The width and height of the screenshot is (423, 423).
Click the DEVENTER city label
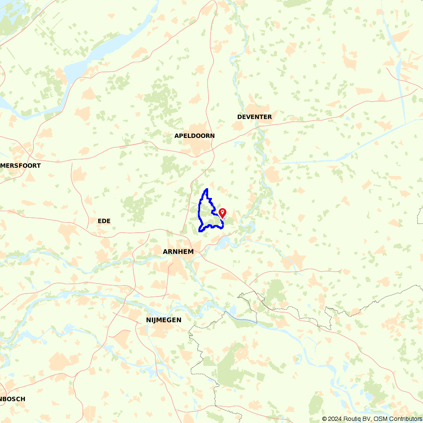coord(254,117)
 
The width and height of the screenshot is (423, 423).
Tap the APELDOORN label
coord(194,136)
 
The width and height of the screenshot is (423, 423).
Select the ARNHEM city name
coord(178,252)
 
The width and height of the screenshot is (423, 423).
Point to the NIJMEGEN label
coord(163,320)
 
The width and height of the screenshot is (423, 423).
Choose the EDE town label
coord(104,221)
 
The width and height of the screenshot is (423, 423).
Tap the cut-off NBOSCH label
coord(13,399)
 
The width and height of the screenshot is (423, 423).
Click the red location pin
coord(222,212)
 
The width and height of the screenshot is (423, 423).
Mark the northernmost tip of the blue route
coord(206,189)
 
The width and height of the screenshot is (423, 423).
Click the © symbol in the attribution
coord(324,419)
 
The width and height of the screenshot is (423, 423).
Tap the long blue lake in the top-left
coord(106,51)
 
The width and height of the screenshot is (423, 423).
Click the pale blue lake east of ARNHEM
coord(222,243)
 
